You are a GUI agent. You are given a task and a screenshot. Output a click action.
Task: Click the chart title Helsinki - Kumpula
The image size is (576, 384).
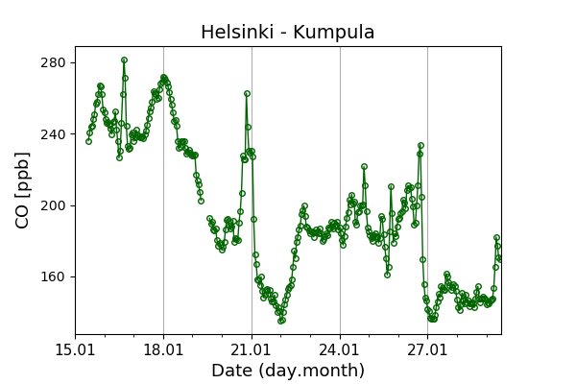288,33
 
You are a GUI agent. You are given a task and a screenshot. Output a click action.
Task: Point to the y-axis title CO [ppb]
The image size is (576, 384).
23,189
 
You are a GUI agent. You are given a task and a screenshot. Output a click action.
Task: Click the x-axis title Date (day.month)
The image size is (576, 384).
288,371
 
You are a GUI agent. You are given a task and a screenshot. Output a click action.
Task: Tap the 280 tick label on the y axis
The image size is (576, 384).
54,62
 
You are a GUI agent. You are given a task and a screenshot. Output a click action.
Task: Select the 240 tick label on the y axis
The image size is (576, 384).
54,134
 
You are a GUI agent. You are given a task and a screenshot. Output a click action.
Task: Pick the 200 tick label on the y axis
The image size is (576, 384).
54,205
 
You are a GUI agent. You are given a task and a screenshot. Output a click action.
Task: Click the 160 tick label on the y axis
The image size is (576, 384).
54,276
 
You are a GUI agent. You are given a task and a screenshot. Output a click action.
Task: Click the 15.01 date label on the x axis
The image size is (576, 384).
75,349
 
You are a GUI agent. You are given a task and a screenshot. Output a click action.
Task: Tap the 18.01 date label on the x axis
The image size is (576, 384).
163,349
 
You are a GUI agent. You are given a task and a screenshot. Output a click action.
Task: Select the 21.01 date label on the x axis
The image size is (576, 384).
252,349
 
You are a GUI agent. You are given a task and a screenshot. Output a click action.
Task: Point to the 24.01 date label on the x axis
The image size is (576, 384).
340,349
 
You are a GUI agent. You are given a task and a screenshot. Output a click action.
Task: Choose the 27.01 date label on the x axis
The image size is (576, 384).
427,349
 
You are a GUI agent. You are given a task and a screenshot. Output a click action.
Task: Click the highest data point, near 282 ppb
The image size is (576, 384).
124,60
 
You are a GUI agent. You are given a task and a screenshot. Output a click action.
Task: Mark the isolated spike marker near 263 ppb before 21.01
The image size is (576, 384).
247,93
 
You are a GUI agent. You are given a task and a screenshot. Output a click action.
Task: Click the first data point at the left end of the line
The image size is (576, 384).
88,141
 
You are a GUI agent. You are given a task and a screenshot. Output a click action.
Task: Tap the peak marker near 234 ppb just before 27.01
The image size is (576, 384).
420,145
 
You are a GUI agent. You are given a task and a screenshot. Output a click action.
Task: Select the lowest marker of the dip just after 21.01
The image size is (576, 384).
281,321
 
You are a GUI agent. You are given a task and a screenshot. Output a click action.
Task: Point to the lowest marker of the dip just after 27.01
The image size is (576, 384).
433,319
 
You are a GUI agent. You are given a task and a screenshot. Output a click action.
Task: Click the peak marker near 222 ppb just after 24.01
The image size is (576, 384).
364,166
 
